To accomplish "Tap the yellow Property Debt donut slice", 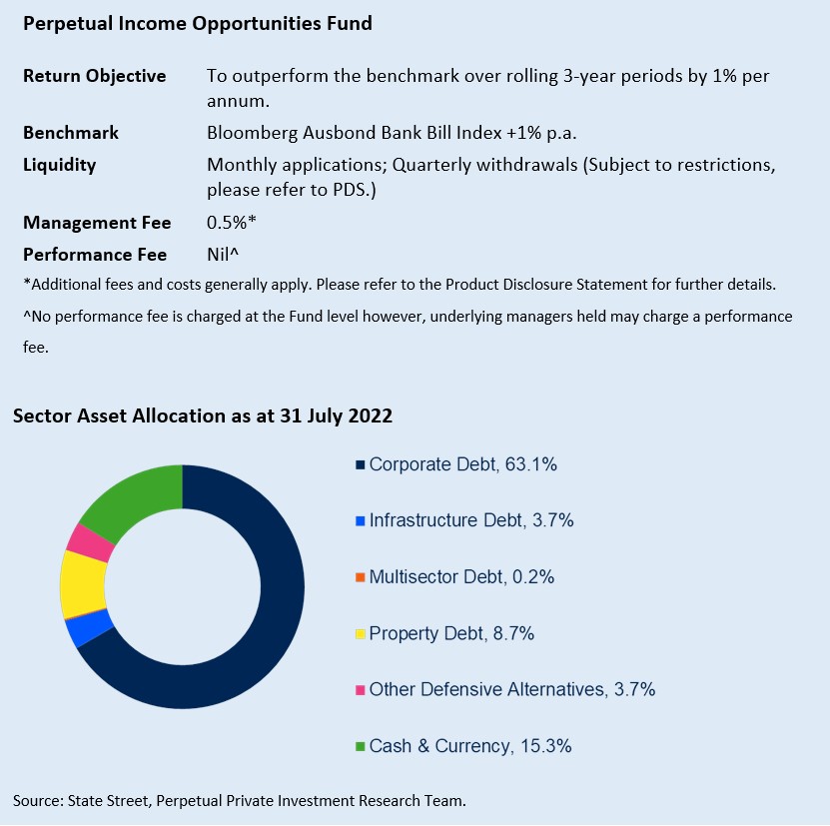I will (82, 584).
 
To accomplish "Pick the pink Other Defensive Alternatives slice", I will (90, 540).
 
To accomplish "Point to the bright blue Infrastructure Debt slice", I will (90, 628).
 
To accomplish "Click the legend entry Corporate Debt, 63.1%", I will (462, 464).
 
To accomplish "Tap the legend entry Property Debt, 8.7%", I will (451, 633).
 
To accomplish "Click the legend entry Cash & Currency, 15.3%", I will (469, 746).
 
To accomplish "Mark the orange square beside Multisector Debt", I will (360, 577).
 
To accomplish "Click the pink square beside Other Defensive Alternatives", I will (360, 690).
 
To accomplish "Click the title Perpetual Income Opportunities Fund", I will (197, 23).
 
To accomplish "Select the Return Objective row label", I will (94, 76).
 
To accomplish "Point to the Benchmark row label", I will (71, 133).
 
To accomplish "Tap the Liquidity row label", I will (60, 165).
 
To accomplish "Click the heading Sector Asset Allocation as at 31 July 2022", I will (203, 416).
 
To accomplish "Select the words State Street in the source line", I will (107, 800).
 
